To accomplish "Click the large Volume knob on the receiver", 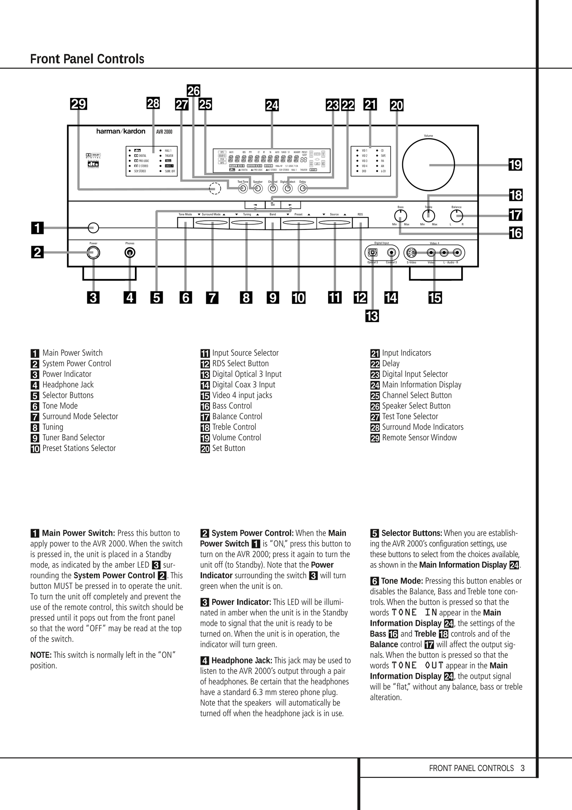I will pos(428,164).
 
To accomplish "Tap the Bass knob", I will pos(401,216).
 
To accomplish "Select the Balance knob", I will pos(456,216).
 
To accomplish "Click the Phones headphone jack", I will pos(129,252).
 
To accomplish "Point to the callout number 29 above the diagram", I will pos(78,104).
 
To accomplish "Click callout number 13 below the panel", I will pos(372,316).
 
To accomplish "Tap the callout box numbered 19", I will pos(515,164).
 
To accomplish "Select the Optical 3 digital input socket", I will pos(372,252).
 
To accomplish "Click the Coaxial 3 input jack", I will pos(391,252).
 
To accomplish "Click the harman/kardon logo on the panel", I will pos(121,131).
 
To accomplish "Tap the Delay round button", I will pos(303,188).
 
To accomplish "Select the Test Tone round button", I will pos(243,188).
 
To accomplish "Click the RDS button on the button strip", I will pos(360,223).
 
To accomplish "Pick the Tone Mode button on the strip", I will pos(185,223).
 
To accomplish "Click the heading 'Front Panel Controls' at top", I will pos(87,59).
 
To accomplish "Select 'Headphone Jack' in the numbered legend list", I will pos(68,384).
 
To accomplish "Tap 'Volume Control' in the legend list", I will pos(236,437).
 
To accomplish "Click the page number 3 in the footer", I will pos(523,768).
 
